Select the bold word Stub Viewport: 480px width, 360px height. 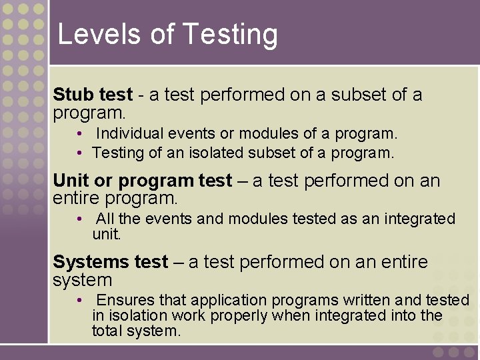[x=74, y=95]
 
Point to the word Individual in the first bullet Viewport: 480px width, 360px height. [x=131, y=134]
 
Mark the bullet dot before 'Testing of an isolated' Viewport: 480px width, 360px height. [x=79, y=153]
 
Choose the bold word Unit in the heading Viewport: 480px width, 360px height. [x=69, y=181]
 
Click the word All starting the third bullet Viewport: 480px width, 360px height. [x=106, y=219]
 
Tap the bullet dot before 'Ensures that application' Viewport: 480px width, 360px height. [x=79, y=301]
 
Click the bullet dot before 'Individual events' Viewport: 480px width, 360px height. [x=79, y=134]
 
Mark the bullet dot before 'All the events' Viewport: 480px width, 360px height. [x=79, y=219]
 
